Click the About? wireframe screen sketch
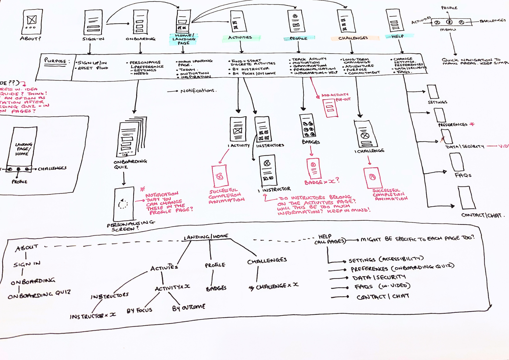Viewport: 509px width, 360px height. point(32,22)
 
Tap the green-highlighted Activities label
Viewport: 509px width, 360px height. point(240,38)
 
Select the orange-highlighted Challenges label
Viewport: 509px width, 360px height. point(353,38)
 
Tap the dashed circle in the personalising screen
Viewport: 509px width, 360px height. point(123,204)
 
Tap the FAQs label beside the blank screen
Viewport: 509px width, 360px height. point(463,175)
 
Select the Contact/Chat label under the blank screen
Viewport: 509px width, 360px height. point(481,215)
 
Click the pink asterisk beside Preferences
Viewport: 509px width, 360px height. point(472,124)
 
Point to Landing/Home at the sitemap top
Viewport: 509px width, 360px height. point(206,237)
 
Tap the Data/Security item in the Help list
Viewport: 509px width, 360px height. point(379,278)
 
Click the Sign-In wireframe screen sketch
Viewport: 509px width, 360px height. point(93,23)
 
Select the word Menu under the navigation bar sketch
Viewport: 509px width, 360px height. point(448,30)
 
